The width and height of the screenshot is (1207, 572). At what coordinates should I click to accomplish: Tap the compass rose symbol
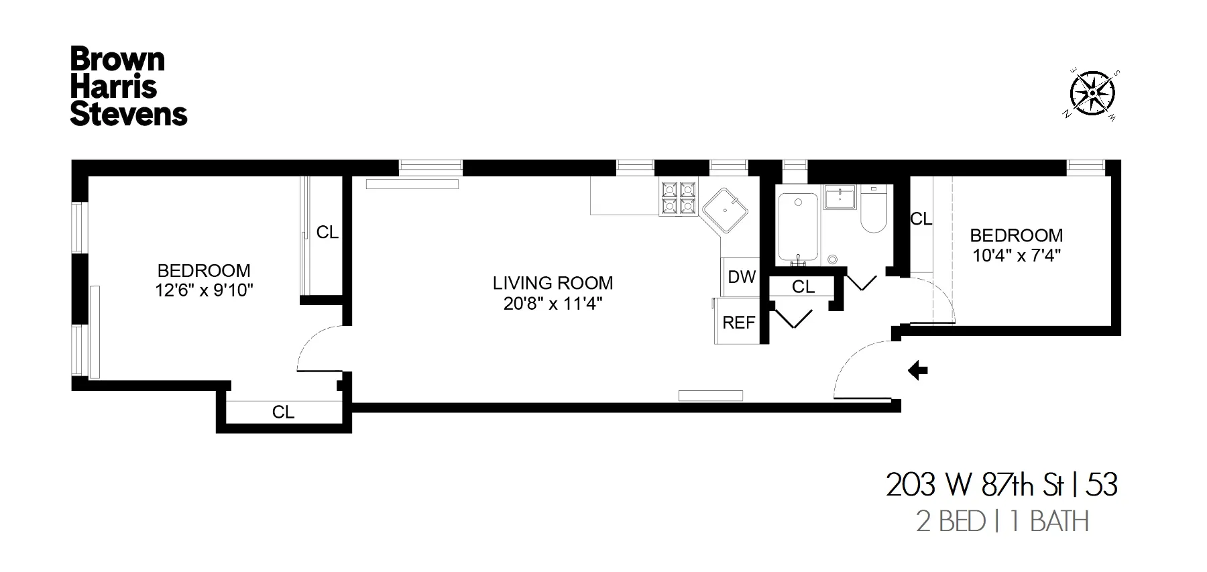tap(1092, 94)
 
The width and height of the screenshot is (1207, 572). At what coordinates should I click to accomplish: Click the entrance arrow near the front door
tap(917, 370)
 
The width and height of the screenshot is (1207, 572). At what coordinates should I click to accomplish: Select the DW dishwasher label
tap(742, 277)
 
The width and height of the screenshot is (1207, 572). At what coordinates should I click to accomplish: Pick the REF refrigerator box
tap(738, 323)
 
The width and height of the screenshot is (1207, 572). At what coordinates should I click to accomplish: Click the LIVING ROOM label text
tap(553, 283)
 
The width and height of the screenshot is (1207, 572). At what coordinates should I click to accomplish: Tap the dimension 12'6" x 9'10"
tap(204, 290)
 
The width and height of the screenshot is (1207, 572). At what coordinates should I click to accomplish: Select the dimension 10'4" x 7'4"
tap(1016, 255)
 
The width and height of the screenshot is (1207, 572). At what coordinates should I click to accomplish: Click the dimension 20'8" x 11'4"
tap(553, 304)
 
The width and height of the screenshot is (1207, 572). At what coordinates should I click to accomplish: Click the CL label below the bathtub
tap(803, 287)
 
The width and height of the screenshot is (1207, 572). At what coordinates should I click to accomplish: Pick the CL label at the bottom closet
tap(283, 412)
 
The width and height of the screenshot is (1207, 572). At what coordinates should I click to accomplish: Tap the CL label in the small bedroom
tap(921, 219)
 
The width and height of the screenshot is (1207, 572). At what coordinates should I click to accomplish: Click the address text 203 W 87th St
tap(974, 485)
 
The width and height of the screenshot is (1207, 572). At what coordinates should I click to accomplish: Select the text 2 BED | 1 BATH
tap(1002, 522)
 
